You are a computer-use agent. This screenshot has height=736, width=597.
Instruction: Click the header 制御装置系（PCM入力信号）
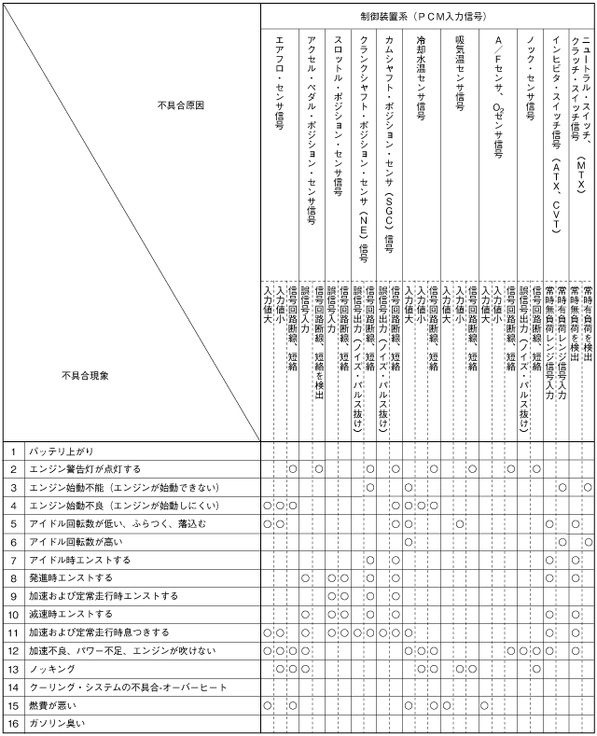427,16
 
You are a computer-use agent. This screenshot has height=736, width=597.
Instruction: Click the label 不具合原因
181,132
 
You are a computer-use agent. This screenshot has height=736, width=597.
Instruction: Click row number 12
14,650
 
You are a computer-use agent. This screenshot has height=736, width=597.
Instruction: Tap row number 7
14,560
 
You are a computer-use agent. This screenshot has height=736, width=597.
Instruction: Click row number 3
14,487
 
